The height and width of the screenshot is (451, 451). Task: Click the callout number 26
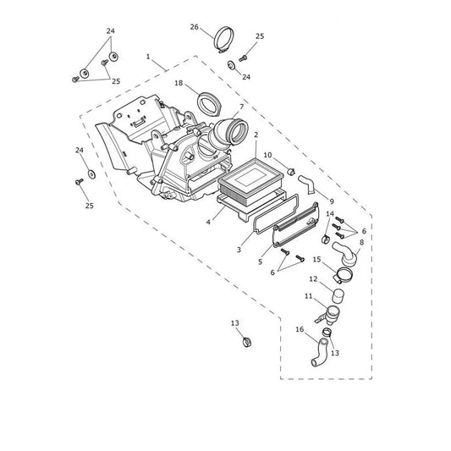pos(194,27)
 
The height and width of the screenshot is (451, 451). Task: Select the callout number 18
pos(179,83)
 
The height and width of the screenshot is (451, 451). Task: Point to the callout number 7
pos(242,107)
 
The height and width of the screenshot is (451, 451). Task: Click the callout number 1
pos(148,57)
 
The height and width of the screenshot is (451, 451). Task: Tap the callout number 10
pos(267,155)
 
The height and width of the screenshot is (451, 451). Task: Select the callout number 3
pos(239,250)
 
